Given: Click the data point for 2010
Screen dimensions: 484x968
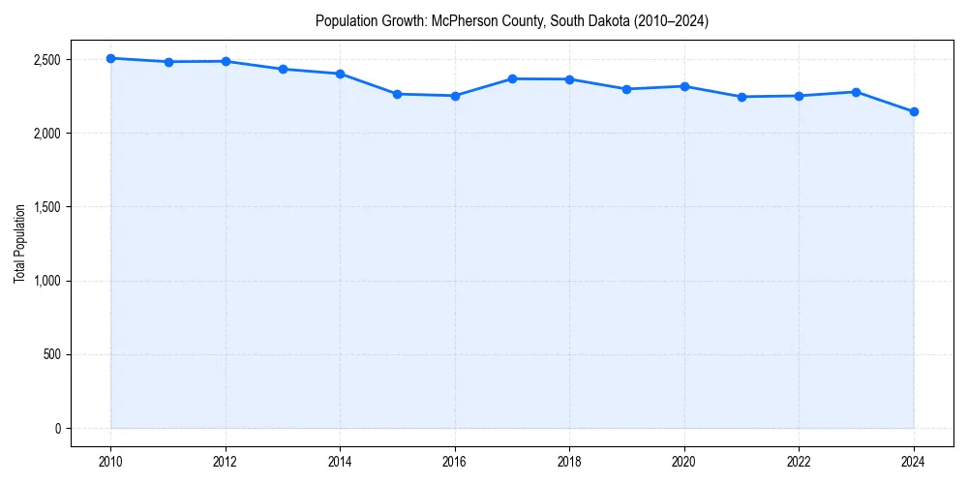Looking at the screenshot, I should (x=111, y=58).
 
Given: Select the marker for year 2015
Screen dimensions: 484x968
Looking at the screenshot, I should (x=398, y=94).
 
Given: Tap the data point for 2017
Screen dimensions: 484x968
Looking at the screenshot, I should (x=512, y=78).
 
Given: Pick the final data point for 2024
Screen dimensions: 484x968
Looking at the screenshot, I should (x=914, y=111).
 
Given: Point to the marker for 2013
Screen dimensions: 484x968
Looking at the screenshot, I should (x=283, y=69).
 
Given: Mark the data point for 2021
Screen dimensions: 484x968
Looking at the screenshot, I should (x=741, y=97).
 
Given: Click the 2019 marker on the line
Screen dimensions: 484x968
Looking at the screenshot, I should (x=627, y=89).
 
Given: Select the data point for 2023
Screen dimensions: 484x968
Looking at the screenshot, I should (x=857, y=92).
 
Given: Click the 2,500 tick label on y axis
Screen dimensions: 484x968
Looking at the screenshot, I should (x=45, y=60).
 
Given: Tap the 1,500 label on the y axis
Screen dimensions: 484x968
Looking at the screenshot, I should (x=45, y=207).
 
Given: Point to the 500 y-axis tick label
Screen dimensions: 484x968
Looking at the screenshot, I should (x=51, y=354).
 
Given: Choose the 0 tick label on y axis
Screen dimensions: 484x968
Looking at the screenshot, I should (x=57, y=429).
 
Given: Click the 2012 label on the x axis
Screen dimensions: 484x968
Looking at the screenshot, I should (x=226, y=461).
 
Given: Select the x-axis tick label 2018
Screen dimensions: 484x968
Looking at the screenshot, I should (x=570, y=461).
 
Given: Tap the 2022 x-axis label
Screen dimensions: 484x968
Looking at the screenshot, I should (x=800, y=461).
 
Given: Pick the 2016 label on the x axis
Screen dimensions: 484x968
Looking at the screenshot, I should (x=455, y=461).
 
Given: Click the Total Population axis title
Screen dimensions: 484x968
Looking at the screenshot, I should (x=19, y=244).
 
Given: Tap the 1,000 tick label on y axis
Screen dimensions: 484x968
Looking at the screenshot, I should (x=45, y=281).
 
